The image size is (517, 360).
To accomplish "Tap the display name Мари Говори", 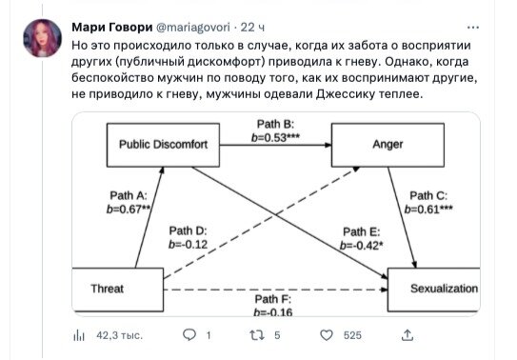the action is coord(112,29).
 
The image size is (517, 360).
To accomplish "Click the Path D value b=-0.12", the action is coord(189,244).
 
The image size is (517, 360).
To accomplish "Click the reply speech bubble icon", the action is coord(188,335).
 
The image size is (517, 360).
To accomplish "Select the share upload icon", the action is coord(408,335).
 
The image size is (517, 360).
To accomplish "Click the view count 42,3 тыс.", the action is coord(119,336).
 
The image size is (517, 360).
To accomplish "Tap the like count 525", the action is coord(352,336).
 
